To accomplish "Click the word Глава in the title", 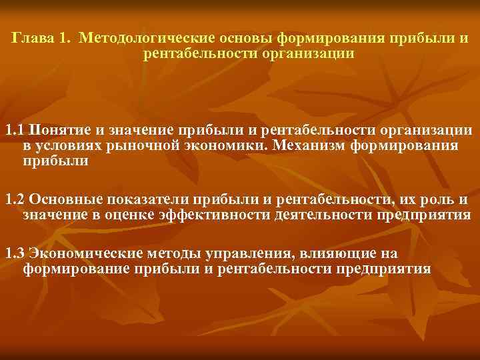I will tap(30, 38).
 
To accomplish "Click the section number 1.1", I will tap(15, 129).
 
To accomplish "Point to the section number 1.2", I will tap(15, 199).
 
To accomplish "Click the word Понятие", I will tap(57, 129).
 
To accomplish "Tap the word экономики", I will tap(217, 145).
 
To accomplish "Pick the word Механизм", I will tap(299, 145).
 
